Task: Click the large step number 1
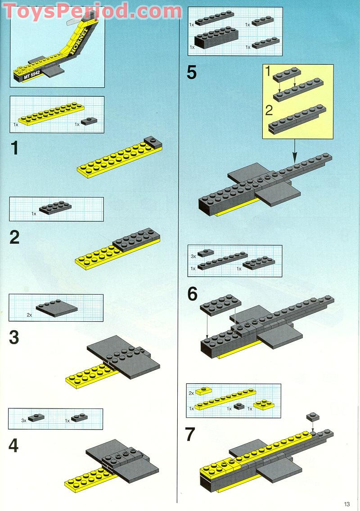14,148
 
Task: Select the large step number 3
14,337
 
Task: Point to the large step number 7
190,435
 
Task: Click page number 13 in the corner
346,504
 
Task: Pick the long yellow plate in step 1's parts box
50,114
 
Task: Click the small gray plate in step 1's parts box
91,120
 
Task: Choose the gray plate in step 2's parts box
55,207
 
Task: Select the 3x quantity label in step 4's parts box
24,420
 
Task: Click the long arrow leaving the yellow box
295,151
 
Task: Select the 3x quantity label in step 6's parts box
193,256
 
